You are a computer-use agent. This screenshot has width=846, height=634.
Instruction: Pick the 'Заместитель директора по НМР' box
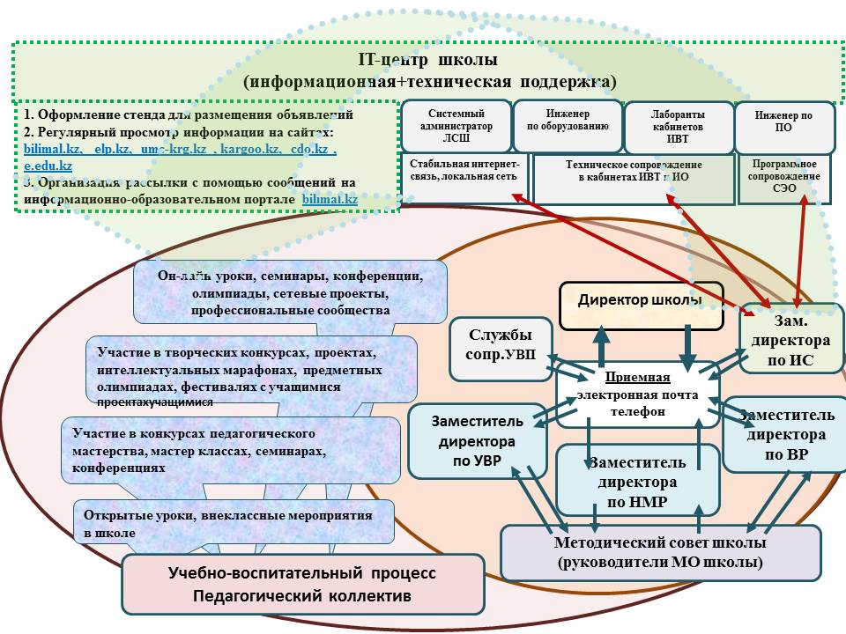(631, 483)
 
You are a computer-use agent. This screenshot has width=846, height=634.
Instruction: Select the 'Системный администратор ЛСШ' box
(456, 126)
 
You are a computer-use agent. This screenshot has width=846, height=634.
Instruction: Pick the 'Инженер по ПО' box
(785, 126)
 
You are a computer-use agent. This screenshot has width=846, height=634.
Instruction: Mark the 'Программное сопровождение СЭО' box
(785, 177)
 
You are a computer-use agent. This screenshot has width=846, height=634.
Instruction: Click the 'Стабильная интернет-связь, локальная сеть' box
(464, 177)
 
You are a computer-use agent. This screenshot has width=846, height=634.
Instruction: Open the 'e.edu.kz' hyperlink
(48, 166)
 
